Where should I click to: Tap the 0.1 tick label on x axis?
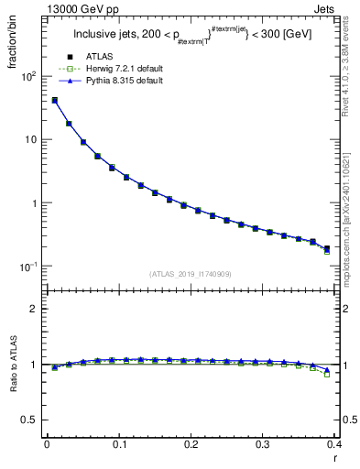(118, 444)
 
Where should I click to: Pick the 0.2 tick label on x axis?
(191, 444)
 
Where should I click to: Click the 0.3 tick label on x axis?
(262, 444)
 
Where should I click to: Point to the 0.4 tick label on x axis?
(333, 444)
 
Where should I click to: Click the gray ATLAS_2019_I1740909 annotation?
(191, 274)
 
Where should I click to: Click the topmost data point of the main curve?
(54, 101)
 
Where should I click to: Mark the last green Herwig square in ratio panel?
(327, 374)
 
